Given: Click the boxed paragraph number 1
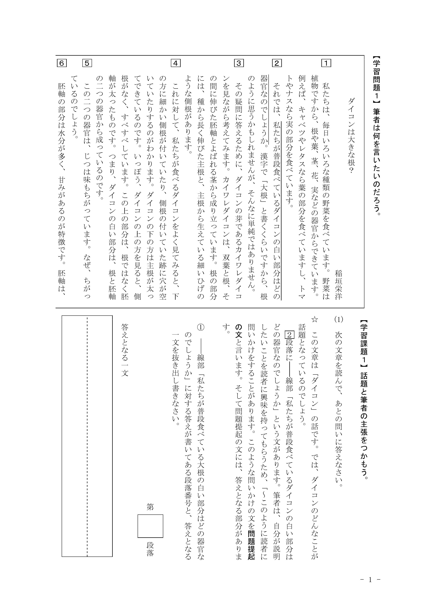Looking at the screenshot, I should click(326, 63).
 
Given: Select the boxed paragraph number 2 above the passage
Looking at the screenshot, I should click(277, 63).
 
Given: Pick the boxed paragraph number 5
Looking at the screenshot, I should click(87, 63).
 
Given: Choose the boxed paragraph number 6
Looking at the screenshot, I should click(61, 63).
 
